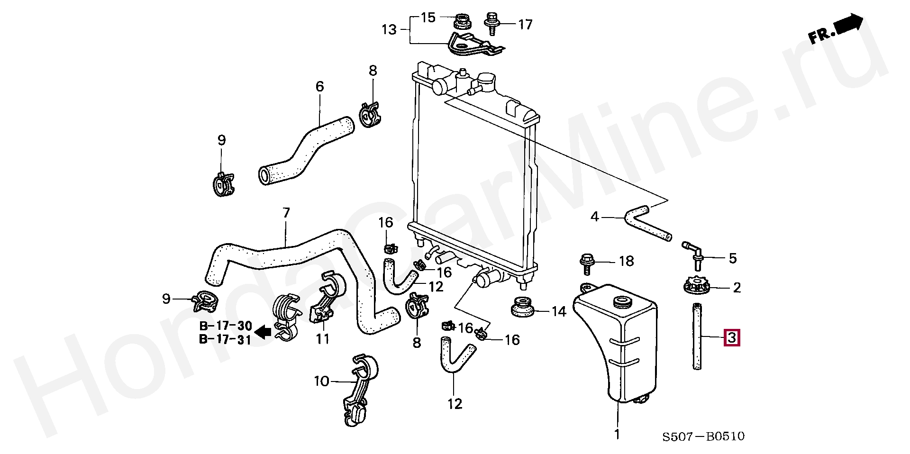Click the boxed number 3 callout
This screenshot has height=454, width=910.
tap(731, 338)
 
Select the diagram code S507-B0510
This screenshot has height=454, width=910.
tap(703, 436)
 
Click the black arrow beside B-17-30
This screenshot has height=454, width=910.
tap(263, 332)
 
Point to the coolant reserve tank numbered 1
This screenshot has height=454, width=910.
tap(616, 346)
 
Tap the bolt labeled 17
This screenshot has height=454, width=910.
tap(491, 24)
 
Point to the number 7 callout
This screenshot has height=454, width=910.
tap(286, 214)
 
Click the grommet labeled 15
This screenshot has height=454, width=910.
tap(461, 22)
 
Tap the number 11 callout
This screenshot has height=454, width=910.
tap(323, 339)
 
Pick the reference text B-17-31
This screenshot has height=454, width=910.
tap(225, 340)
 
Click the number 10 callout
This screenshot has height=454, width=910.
tap(321, 381)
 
